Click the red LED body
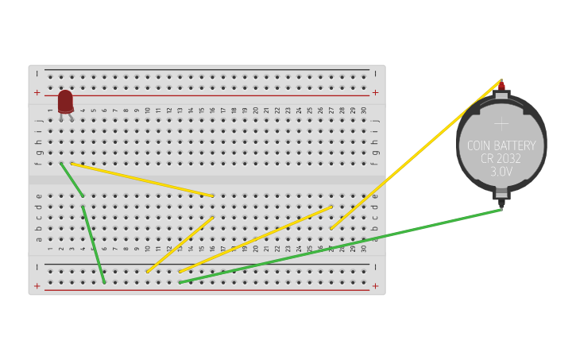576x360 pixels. (65, 101)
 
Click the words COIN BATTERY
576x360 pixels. (501, 145)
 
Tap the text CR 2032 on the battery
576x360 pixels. (501, 158)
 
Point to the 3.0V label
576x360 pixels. (501, 171)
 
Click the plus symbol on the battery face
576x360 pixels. (501, 123)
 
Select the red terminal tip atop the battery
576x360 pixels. (501, 85)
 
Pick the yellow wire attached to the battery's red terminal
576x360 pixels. (416, 154)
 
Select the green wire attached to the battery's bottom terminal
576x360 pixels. (342, 246)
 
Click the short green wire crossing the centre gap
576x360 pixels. (72, 179)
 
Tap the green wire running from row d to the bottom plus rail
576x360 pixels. (93, 245)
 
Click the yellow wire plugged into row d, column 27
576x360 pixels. (255, 239)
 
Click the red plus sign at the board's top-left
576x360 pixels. (37, 92)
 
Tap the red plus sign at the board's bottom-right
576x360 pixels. (375, 285)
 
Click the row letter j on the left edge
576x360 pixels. (38, 121)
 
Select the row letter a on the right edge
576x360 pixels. (375, 238)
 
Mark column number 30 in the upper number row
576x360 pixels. (364, 110)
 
